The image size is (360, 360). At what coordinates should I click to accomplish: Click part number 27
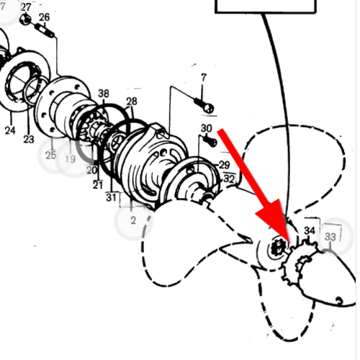click(x=26, y=7)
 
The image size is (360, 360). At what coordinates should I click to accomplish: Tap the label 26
click(x=44, y=17)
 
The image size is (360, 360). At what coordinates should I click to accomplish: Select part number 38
click(x=104, y=94)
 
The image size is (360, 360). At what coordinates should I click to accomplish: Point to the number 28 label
click(x=132, y=102)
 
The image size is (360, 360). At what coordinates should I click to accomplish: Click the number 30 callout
click(x=207, y=128)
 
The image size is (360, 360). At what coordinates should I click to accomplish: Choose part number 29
click(x=225, y=165)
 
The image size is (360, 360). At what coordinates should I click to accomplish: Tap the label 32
click(x=229, y=179)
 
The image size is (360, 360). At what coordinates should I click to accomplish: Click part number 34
click(x=310, y=230)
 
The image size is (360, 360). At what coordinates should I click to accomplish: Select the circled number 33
click(x=330, y=237)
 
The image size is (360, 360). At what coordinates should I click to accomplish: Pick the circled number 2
click(x=133, y=220)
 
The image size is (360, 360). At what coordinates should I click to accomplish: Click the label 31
click(x=111, y=197)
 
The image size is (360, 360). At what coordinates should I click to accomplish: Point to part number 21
click(x=98, y=185)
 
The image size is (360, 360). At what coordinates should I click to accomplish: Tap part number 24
click(x=10, y=130)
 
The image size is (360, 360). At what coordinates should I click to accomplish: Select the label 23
click(x=29, y=139)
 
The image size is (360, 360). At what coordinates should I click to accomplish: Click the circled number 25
click(x=50, y=156)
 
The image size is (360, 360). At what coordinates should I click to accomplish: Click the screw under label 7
click(x=204, y=106)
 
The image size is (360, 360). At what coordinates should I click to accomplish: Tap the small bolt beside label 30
click(x=210, y=141)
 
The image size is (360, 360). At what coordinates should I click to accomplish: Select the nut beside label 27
click(x=25, y=19)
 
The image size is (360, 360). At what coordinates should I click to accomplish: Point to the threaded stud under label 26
click(x=45, y=30)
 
